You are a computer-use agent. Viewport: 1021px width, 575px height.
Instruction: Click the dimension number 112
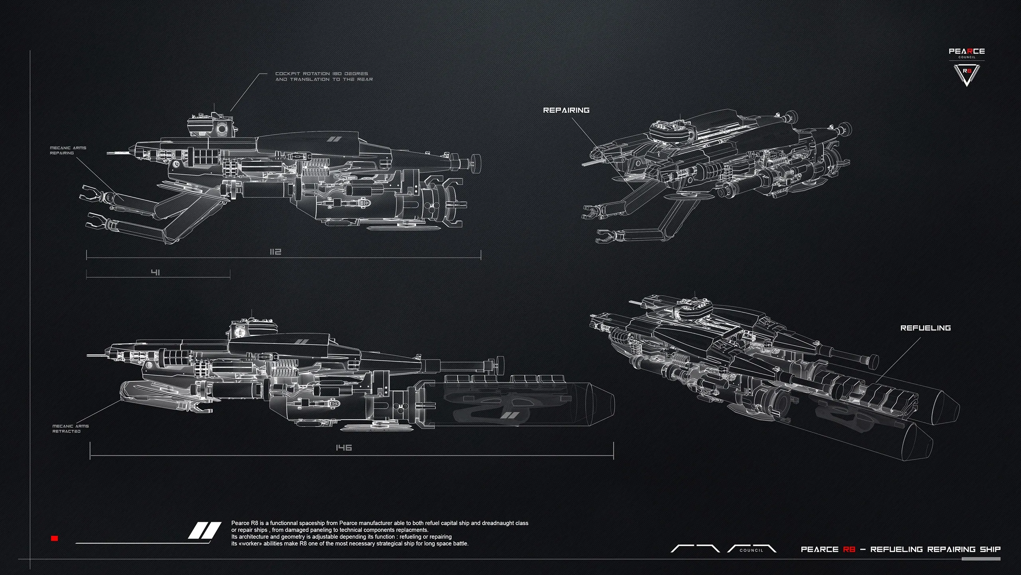point(276,252)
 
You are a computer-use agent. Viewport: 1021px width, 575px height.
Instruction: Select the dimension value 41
point(156,272)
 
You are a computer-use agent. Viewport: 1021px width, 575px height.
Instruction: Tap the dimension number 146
point(343,448)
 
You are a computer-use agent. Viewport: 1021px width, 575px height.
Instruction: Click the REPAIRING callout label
point(566,110)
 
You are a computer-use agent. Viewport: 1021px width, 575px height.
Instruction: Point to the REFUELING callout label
point(925,328)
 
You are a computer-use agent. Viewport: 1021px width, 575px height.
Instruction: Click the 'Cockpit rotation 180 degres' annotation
point(324,76)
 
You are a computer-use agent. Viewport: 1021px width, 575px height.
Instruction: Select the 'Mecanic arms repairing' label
point(68,150)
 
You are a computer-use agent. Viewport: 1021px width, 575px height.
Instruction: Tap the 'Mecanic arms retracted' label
point(71,429)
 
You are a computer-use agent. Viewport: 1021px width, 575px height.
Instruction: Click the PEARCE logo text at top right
point(966,51)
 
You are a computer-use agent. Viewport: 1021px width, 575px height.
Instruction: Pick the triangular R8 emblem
point(966,74)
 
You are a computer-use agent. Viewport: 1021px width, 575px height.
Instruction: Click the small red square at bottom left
point(55,538)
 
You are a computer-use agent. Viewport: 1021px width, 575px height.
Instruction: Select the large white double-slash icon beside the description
point(205,530)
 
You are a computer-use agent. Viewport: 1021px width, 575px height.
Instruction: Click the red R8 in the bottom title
point(849,549)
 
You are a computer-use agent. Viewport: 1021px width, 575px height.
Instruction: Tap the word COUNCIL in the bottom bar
point(751,550)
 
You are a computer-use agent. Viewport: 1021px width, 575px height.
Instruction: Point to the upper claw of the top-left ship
point(92,193)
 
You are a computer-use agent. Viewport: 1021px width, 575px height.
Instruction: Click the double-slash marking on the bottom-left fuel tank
point(509,415)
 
